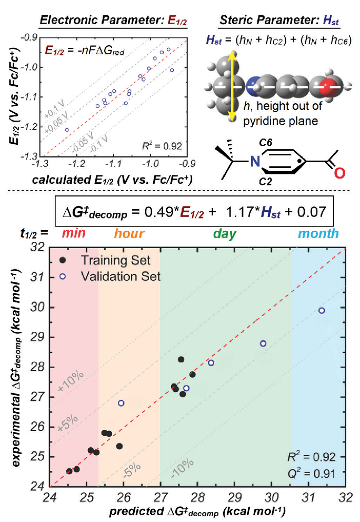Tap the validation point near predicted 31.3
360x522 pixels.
(322, 310)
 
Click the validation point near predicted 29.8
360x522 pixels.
(263, 343)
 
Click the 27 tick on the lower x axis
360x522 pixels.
(161, 498)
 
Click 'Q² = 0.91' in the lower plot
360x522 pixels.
(315, 472)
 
